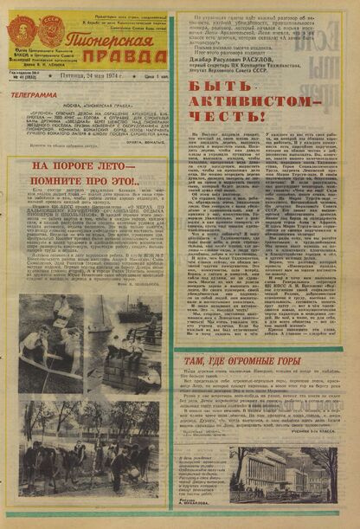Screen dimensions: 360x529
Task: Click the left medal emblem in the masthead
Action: (21, 31)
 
